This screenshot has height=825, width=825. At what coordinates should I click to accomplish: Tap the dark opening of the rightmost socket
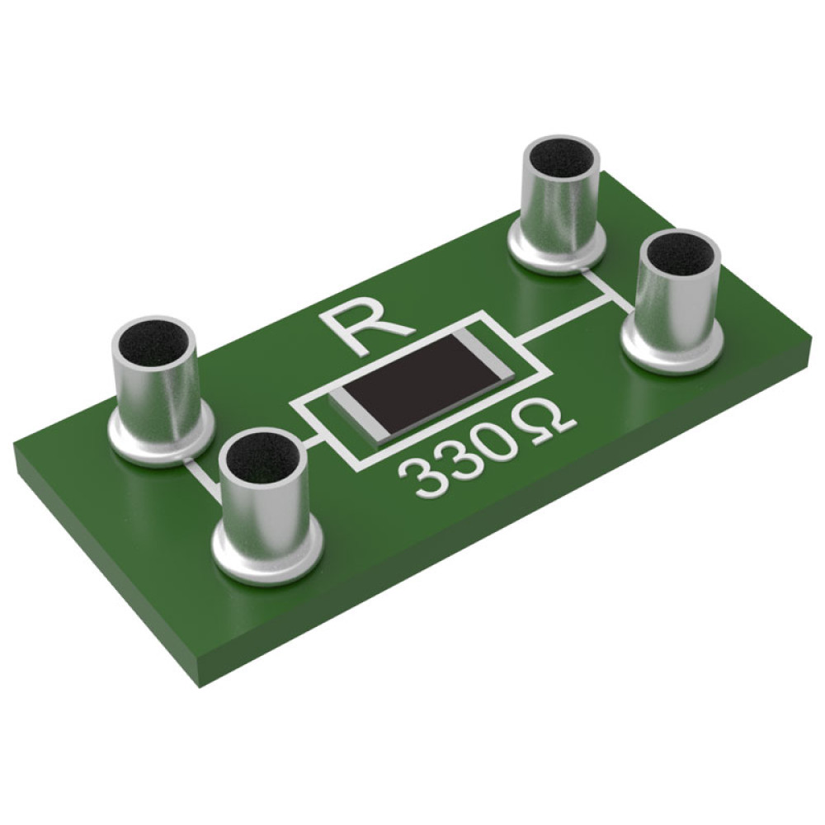point(681,254)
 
